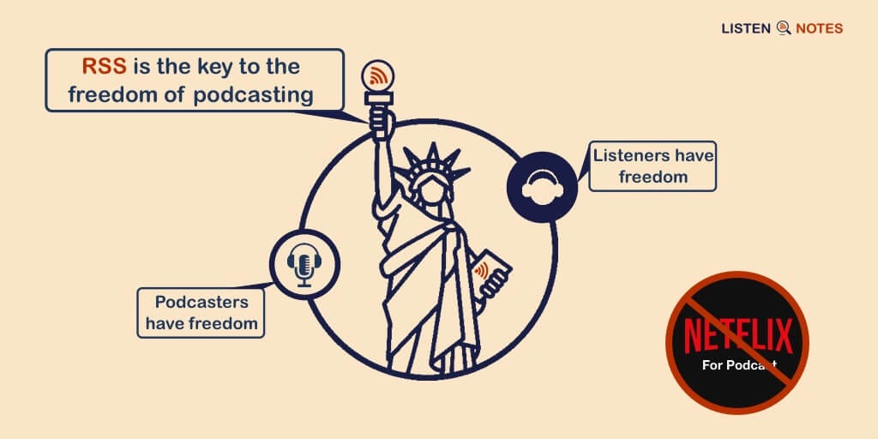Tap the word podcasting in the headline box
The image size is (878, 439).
point(253,94)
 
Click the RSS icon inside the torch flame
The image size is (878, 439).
point(378,75)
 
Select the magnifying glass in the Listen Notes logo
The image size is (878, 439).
point(783,28)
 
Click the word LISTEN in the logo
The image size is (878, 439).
point(745,28)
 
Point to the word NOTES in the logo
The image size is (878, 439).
point(819,28)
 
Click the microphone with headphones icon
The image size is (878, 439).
point(304,263)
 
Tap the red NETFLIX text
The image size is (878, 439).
point(737,335)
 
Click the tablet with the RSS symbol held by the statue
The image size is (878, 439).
point(494,272)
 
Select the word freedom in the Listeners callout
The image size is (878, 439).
point(654,177)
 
